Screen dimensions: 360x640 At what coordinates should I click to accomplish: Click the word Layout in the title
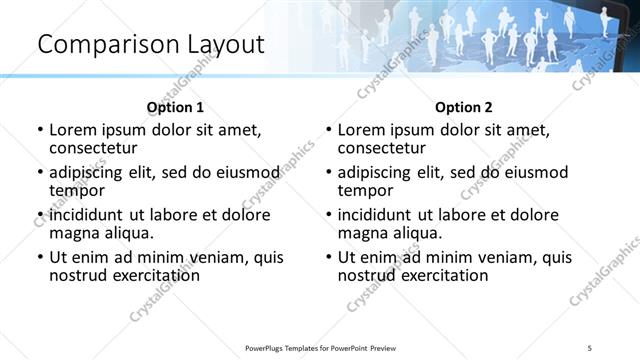coord(222,45)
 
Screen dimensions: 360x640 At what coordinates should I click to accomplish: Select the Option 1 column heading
coord(175,107)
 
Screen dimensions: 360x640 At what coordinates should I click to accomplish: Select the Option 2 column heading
coord(463,107)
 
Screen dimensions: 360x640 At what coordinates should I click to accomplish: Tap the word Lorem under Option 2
coord(360,129)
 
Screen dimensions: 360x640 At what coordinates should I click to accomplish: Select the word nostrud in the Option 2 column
coord(366,275)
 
